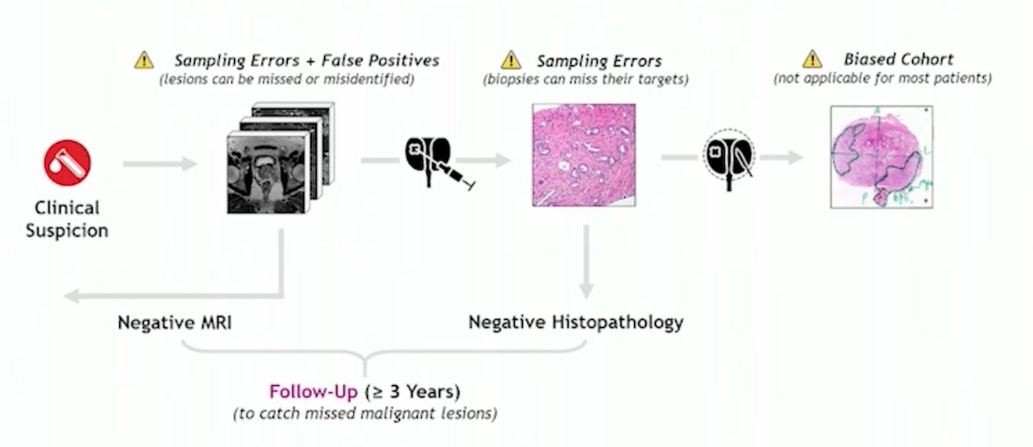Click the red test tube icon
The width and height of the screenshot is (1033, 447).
(67, 163)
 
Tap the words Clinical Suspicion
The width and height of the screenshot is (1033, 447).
(67, 219)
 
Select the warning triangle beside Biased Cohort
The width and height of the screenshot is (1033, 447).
(812, 59)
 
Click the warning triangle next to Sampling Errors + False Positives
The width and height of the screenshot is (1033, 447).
(144, 60)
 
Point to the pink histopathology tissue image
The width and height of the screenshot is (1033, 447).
(584, 155)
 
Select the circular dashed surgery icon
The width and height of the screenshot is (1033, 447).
(728, 157)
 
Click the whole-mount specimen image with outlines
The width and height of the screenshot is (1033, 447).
(881, 157)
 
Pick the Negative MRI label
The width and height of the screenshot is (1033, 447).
(175, 323)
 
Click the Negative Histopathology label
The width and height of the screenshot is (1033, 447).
(576, 323)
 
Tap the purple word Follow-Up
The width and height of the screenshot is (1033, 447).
(313, 391)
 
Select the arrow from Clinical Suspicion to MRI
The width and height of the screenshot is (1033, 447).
(160, 163)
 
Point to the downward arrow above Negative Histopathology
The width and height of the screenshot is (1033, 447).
(585, 261)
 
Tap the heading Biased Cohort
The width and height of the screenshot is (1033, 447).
(899, 59)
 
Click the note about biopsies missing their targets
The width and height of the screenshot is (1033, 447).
(585, 80)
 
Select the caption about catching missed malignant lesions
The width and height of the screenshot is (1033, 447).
(365, 414)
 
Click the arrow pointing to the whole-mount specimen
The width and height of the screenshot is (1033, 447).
(781, 157)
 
